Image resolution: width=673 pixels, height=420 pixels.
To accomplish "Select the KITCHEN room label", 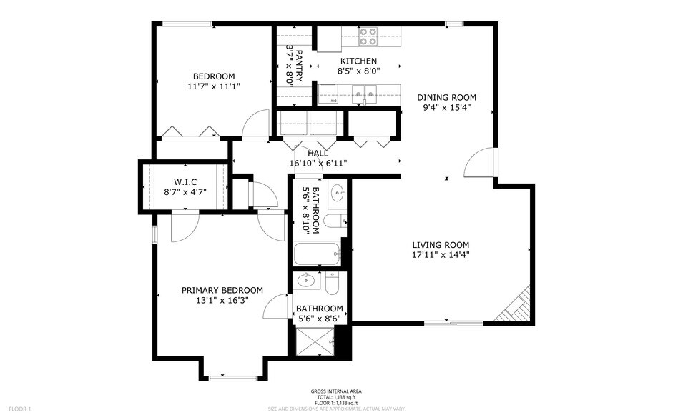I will pos(358,61).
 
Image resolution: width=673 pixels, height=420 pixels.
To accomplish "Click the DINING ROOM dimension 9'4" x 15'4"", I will pos(447,109).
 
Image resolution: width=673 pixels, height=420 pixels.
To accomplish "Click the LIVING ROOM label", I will pos(441,244).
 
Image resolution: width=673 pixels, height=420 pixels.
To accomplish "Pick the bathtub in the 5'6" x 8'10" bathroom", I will pos(317,255).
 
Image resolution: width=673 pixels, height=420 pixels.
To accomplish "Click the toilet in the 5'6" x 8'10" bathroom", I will pos(335,221).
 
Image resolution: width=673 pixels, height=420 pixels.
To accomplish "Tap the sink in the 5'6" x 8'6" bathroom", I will pos(308,280).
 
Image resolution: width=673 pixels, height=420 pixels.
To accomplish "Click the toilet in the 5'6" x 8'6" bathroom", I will pos(332,285).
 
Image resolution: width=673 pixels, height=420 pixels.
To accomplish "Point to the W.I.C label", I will pos(185,181).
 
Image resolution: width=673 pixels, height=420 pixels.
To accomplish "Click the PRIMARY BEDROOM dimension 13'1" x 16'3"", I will pos(222,301).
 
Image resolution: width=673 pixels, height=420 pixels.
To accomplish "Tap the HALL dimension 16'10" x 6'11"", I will pos(318,163).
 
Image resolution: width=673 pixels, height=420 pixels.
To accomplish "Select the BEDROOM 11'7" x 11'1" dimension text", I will pos(213,86).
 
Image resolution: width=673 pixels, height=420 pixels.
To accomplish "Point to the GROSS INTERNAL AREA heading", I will pos(336,391).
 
